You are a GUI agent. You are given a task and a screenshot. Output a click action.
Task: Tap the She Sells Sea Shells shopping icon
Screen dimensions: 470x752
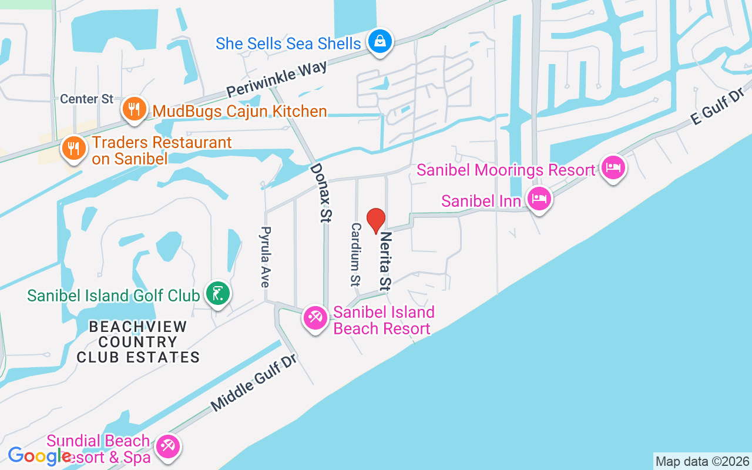pyautogui.click(x=381, y=42)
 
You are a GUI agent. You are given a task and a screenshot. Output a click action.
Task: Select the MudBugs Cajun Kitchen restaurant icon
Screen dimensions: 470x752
pyautogui.click(x=135, y=109)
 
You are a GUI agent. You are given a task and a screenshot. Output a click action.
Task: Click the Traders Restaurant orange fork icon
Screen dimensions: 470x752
pyautogui.click(x=73, y=148)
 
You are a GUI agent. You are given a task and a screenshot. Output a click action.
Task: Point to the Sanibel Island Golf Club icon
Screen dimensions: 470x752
pyautogui.click(x=217, y=293)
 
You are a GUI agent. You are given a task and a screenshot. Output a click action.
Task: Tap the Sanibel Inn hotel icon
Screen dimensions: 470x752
pyautogui.click(x=539, y=199)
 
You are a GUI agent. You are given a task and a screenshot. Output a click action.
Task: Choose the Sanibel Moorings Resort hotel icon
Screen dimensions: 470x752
pyautogui.click(x=613, y=168)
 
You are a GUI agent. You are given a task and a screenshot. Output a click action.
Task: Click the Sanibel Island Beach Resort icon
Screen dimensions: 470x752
pyautogui.click(x=315, y=318)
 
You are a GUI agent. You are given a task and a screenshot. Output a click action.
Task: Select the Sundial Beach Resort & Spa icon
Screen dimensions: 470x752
pyautogui.click(x=169, y=446)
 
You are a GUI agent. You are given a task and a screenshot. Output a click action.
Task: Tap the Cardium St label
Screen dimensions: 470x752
pyautogui.click(x=355, y=254)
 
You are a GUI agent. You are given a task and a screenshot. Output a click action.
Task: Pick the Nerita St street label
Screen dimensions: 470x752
pyautogui.click(x=385, y=261)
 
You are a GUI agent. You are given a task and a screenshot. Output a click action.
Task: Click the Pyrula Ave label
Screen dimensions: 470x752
pyautogui.click(x=266, y=257)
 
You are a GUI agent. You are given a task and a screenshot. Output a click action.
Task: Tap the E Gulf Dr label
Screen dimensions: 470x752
pyautogui.click(x=718, y=106)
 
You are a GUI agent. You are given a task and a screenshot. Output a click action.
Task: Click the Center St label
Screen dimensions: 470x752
pyautogui.click(x=86, y=99)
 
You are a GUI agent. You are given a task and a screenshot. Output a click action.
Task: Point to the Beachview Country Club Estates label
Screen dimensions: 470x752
pyautogui.click(x=138, y=341)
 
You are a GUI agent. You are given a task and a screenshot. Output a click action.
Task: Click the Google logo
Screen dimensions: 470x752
pyautogui.click(x=39, y=455)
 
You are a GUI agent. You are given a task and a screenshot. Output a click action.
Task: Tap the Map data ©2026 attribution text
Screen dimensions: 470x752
pyautogui.click(x=702, y=461)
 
